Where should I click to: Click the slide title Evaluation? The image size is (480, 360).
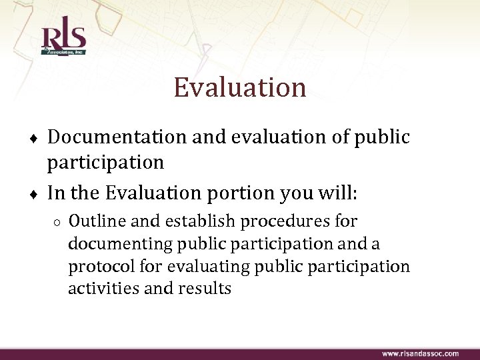pyautogui.click(x=240, y=87)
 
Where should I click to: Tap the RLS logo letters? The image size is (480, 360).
pyautogui.click(x=63, y=37)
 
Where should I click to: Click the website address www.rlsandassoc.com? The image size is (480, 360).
pyautogui.click(x=420, y=353)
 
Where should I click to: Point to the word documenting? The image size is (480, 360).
pyautogui.click(x=117, y=244)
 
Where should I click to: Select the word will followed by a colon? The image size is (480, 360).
pyautogui.click(x=335, y=194)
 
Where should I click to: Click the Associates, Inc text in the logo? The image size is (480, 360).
pyautogui.click(x=64, y=51)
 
